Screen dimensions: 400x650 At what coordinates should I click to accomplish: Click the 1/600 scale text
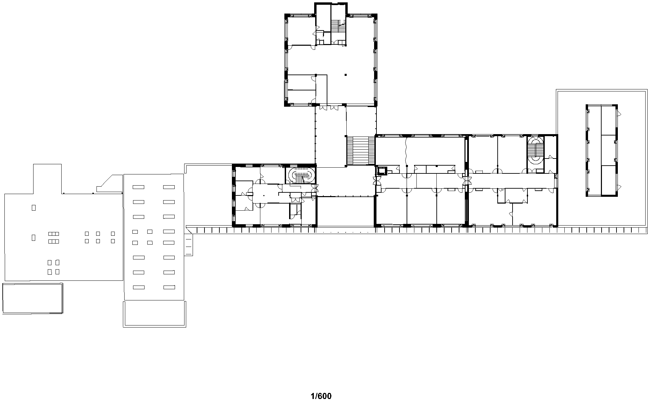[x=321, y=396]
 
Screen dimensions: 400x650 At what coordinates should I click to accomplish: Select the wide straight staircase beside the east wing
[x=361, y=150]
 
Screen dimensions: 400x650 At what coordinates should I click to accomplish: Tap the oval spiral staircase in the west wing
[x=300, y=175]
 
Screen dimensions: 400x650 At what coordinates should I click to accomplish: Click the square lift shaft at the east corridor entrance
[x=382, y=171]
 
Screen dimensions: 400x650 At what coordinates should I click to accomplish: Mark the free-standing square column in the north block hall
[x=345, y=75]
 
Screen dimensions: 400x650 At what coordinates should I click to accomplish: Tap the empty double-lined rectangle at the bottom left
[x=32, y=298]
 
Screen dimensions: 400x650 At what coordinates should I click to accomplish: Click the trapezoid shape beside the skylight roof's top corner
[x=109, y=184]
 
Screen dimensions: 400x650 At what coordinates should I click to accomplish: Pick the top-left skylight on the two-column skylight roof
[x=138, y=187]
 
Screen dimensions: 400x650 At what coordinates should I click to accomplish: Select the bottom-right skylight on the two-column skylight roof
[x=169, y=287]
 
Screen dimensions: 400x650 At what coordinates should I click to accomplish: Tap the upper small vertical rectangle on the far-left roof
[x=34, y=208]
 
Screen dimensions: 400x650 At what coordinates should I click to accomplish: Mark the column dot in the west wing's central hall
[x=264, y=195]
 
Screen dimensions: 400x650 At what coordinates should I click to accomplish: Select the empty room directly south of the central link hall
[x=345, y=211]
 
